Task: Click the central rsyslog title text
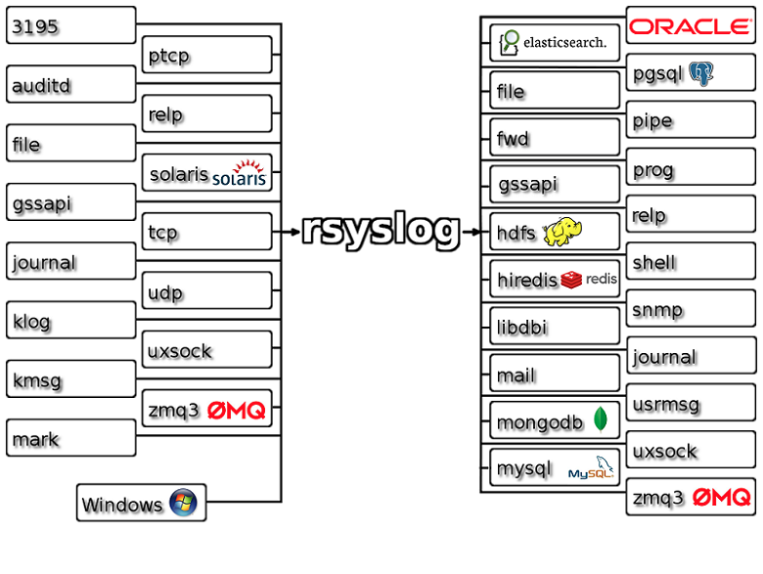pos(381,231)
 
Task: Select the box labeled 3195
pos(70,26)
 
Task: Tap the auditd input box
pos(70,85)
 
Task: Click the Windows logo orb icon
pos(183,504)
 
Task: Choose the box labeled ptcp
pos(206,56)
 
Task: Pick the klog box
pos(70,321)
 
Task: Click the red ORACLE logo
pos(690,26)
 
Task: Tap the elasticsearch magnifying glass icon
pos(510,42)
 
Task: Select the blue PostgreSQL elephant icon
pos(700,73)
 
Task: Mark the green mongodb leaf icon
pos(601,420)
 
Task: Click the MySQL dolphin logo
pos(593,468)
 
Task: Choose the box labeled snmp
pos(691,310)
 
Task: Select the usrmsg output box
pos(691,404)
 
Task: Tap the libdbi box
pos(555,327)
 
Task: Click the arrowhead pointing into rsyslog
pos(293,232)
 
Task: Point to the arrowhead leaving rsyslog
pos(474,232)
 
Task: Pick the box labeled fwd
pos(555,138)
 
